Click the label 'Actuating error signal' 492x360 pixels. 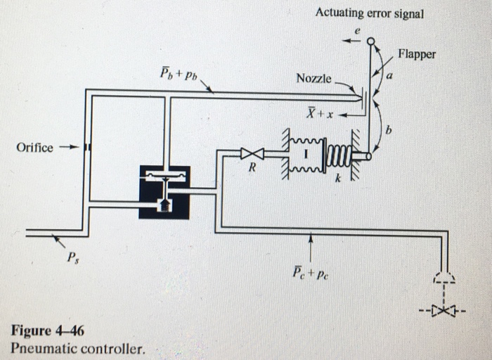click(370, 13)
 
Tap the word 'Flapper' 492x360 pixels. click(416, 54)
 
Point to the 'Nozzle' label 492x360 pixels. click(313, 78)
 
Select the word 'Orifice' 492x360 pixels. click(34, 148)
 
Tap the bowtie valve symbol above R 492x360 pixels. click(252, 153)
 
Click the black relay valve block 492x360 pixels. click(164, 191)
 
